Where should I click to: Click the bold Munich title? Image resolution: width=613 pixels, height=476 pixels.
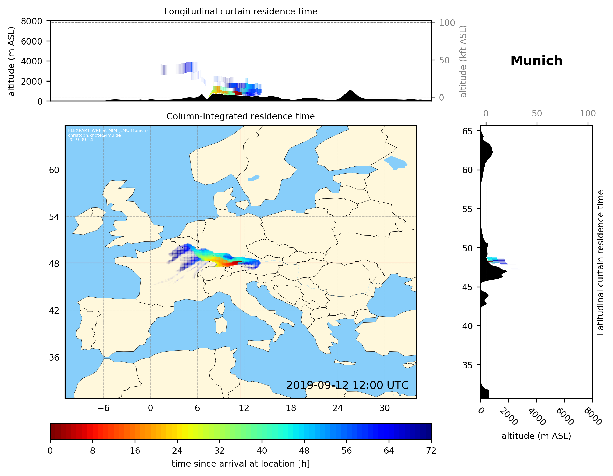pos(536,61)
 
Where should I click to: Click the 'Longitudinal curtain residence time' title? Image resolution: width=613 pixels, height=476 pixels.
pos(241,11)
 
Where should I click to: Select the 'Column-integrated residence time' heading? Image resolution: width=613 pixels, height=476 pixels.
pos(241,116)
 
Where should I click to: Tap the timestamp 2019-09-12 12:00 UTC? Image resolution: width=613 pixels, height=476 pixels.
pos(347,385)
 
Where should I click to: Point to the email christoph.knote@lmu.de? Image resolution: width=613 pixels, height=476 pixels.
pos(94,135)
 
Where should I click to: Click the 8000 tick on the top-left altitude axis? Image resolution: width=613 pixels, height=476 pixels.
pos(31,21)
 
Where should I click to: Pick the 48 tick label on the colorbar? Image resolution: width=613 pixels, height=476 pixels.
pos(304,451)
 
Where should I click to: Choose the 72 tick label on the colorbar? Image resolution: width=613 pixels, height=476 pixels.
pos(431,451)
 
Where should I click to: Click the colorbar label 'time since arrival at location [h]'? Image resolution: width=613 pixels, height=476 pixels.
pos(241,464)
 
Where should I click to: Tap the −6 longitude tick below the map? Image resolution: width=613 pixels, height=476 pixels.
pos(103,408)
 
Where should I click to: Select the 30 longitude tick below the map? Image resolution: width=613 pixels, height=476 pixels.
pos(384,408)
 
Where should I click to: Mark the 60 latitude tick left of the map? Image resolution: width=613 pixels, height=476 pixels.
pos(54,170)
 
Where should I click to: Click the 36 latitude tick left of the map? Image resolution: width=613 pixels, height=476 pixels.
pos(54,357)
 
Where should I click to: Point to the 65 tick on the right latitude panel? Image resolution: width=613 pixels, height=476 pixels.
pos(467,131)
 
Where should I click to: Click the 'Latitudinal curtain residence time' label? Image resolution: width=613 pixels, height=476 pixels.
pos(600,262)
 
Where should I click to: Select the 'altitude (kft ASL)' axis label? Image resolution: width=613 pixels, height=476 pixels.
pos(463,61)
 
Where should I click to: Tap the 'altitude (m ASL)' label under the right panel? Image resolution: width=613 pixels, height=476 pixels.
pos(536,436)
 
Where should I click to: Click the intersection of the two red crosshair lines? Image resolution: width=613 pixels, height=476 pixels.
pos(241,262)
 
